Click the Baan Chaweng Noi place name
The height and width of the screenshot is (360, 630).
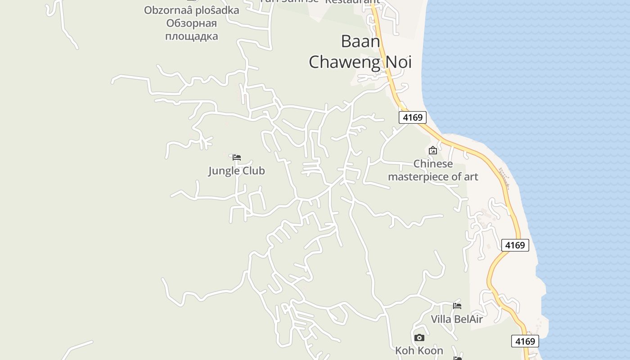point(360,52)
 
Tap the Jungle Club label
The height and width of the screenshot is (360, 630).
point(236,171)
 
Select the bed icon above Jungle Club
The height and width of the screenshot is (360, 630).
point(237,157)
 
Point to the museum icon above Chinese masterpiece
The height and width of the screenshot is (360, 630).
point(433,150)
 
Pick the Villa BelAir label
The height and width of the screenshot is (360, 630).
point(456,319)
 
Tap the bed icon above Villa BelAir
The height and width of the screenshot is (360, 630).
point(457,306)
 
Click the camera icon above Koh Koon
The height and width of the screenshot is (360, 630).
point(419,337)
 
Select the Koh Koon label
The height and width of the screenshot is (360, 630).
point(419,351)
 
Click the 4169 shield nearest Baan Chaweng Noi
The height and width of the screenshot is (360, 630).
point(413,117)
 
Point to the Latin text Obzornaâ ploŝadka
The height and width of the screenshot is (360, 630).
point(191,10)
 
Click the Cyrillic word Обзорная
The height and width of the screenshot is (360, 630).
point(191,23)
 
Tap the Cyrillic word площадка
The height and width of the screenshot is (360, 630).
point(191,36)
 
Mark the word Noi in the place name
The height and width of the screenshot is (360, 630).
point(398,62)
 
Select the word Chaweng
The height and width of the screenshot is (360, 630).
point(344,62)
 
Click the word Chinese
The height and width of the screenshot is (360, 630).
point(433,164)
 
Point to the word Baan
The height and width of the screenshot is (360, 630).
point(360,41)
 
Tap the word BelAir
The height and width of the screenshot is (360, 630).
point(468,319)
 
